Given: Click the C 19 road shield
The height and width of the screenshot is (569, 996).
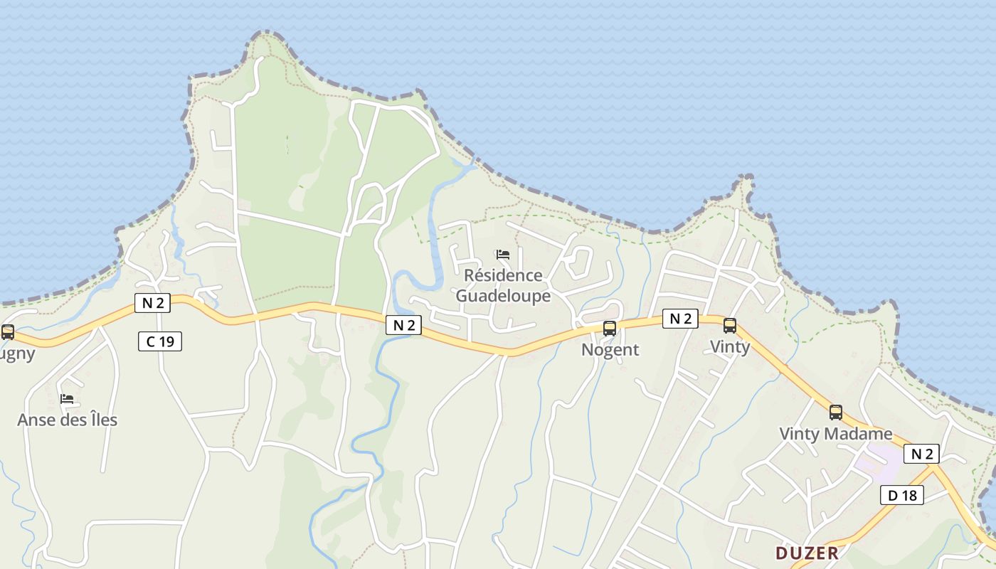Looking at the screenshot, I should (160, 341).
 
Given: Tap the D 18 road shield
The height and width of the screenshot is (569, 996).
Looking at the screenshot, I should (901, 495).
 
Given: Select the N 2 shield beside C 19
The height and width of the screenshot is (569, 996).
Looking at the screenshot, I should (152, 303).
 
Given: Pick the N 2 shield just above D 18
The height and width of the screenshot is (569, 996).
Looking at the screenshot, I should (921, 453).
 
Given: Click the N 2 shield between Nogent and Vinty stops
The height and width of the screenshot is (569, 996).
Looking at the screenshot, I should (680, 319).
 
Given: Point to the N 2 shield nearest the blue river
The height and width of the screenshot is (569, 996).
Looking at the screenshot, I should (403, 325).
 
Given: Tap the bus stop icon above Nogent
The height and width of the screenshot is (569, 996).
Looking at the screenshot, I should (610, 328).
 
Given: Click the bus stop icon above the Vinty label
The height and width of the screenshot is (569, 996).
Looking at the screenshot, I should (730, 326).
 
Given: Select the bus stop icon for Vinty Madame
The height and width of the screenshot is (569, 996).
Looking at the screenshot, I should (836, 412).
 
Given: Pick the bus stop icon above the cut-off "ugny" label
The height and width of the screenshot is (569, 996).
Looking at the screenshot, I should (8, 331).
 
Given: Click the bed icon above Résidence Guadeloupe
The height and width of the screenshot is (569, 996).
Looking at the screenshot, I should (503, 254).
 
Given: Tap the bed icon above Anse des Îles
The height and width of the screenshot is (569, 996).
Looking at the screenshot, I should (67, 398).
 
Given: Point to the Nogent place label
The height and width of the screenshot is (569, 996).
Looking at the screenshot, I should (610, 349).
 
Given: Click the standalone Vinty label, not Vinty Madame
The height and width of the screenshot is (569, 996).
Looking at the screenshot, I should (730, 346).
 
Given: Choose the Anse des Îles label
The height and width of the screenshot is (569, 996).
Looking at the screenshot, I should (67, 420).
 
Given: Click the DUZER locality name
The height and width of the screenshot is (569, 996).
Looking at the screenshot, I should (807, 553).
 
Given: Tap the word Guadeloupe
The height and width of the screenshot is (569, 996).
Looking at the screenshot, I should (503, 296).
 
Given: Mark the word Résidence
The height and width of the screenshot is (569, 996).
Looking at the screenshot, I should (503, 275).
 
